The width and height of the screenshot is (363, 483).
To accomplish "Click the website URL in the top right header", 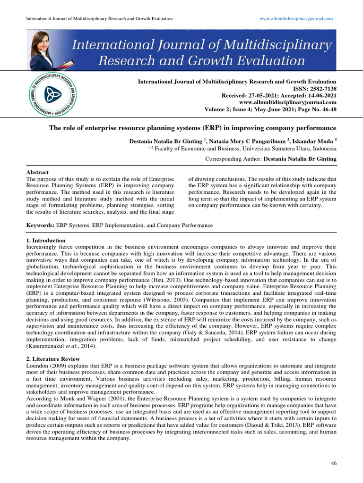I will click(x=296, y=18).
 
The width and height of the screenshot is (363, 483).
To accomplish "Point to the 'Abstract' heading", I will click(x=37, y=173).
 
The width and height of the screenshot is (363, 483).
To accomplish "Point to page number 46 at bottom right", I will click(x=333, y=463).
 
